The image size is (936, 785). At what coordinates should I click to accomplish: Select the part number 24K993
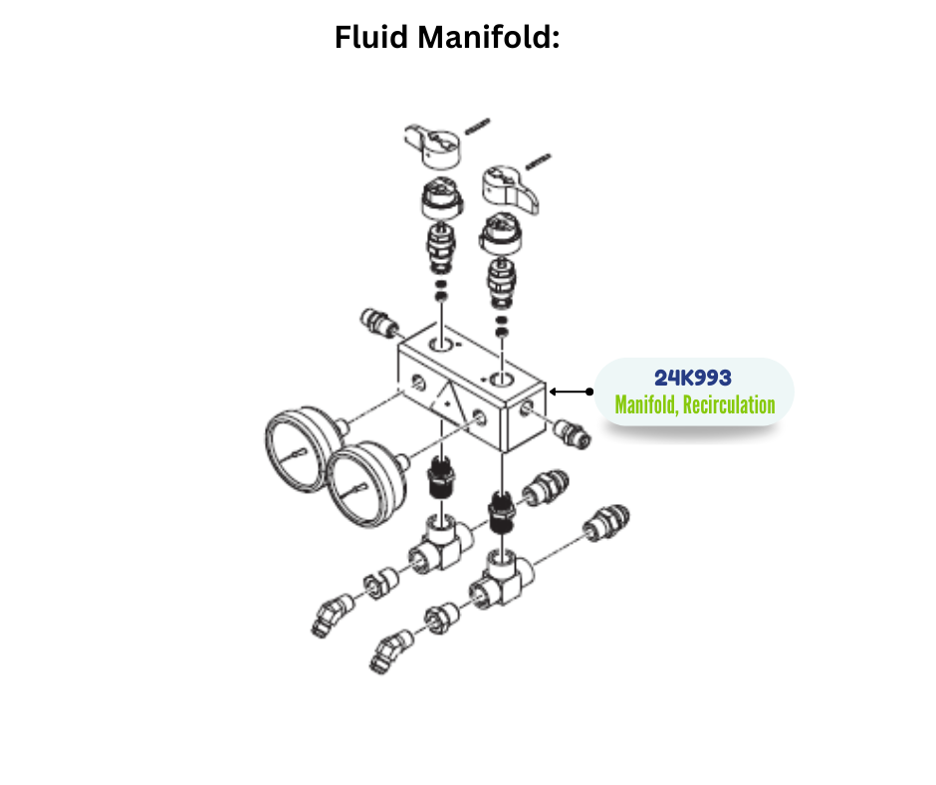pos(693,379)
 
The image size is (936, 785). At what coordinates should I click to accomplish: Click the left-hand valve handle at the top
pos(435,143)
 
